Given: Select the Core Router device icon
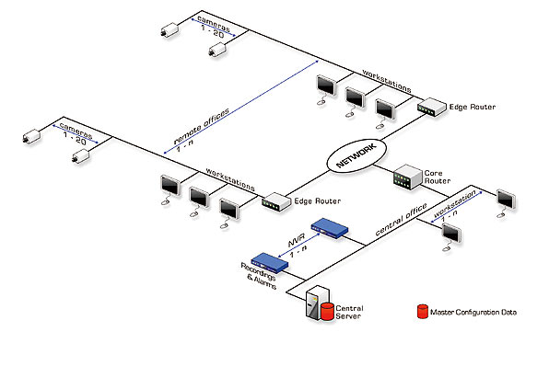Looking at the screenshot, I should click(407, 178).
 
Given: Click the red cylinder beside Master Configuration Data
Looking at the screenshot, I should click(423, 313).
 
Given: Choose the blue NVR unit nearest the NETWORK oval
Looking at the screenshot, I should click(330, 226).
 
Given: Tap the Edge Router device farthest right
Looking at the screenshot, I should click(431, 109).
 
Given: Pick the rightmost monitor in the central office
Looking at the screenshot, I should click(505, 198).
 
